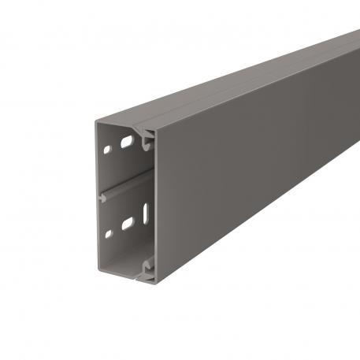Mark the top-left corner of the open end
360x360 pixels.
97,120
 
